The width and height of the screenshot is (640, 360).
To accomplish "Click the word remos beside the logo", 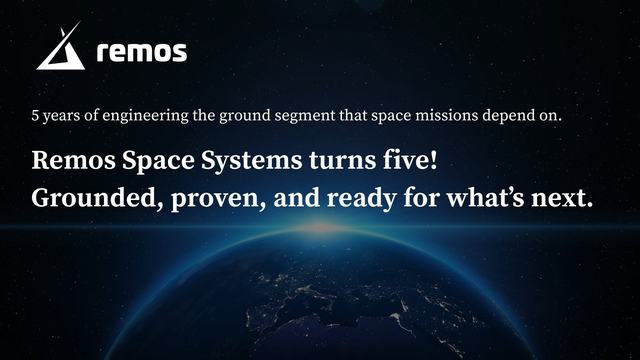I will point(141,52).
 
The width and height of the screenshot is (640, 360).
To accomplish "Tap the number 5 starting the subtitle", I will point(37,115).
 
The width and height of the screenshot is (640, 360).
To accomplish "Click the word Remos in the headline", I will point(72,160).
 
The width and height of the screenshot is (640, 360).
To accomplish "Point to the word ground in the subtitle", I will point(246,115).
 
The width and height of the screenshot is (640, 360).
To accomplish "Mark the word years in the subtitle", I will point(65,115).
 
